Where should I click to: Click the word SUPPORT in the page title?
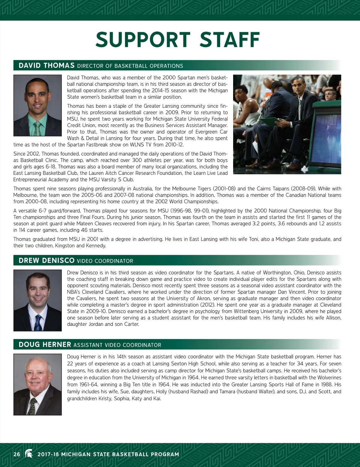pyautogui.click(x=143, y=40)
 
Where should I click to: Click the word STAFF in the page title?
pyautogui.click(x=230, y=40)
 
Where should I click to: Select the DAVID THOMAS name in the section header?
pyautogui.click(x=46, y=66)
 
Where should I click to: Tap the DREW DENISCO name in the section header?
pyautogui.click(x=46, y=261)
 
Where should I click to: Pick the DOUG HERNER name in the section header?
pyautogui.click(x=45, y=345)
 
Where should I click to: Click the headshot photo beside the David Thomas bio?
pyautogui.click(x=37, y=106)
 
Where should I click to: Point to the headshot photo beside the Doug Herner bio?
pyautogui.click(x=37, y=384)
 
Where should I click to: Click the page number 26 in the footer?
pyautogui.click(x=17, y=454)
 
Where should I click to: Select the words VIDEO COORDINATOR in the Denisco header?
pyautogui.click(x=105, y=261)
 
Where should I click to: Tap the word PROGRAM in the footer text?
pyautogui.click(x=165, y=454)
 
